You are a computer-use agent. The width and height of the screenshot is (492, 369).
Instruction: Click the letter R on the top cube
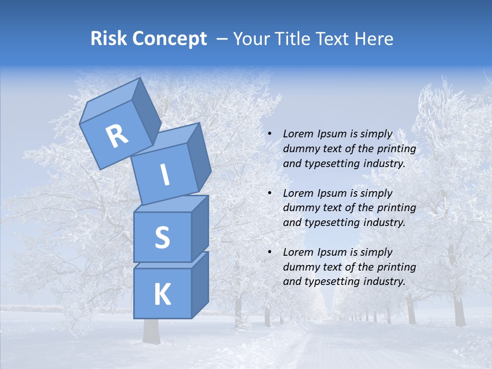pos(117,136)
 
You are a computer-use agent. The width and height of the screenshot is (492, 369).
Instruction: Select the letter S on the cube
pos(162,238)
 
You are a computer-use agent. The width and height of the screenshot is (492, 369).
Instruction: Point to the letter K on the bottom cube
pos(162,295)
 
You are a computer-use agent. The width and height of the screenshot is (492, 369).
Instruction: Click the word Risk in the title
pos(109,38)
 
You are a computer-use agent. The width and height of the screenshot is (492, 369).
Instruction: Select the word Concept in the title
pos(169,39)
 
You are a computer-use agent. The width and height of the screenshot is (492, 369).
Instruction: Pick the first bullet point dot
pos(270,134)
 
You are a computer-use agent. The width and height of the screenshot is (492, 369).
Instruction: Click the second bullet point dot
pos(270,194)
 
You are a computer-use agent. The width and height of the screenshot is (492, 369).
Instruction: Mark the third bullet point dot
pos(270,253)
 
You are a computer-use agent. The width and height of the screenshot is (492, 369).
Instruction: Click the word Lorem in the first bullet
pos(298,134)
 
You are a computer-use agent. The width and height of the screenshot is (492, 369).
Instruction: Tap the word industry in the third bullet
pos(383,281)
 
